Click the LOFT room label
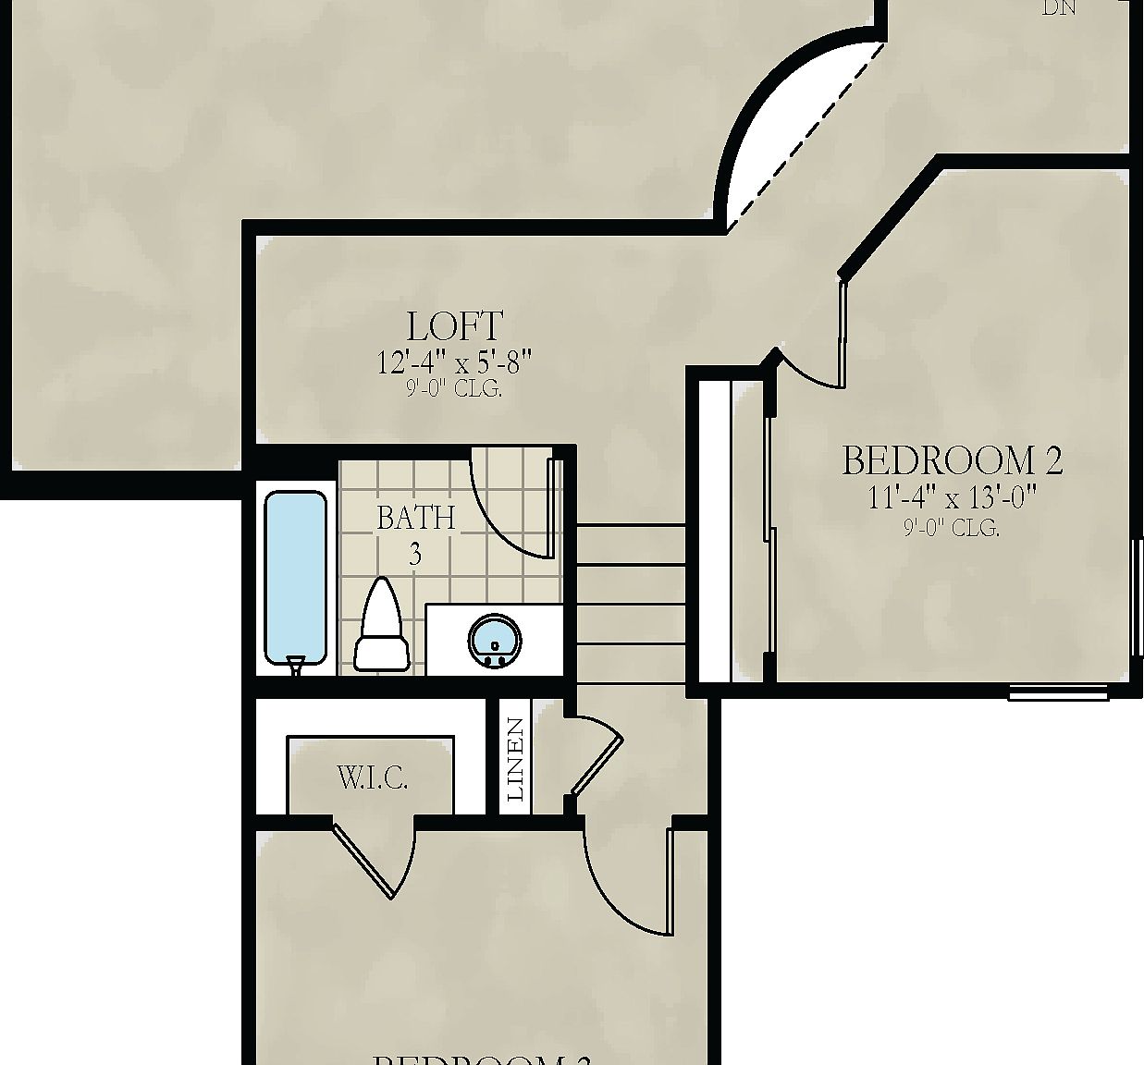point(455,326)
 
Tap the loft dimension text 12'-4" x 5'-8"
point(456,361)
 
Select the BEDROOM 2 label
point(952,460)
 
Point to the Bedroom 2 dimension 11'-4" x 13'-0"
point(952,498)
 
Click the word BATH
point(416,518)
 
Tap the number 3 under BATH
point(415,555)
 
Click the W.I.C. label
point(372,779)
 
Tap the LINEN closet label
point(516,760)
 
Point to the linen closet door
point(597,760)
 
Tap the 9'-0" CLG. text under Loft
point(455,390)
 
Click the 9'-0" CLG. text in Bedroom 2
point(951,529)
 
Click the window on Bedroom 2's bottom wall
point(1057,692)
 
